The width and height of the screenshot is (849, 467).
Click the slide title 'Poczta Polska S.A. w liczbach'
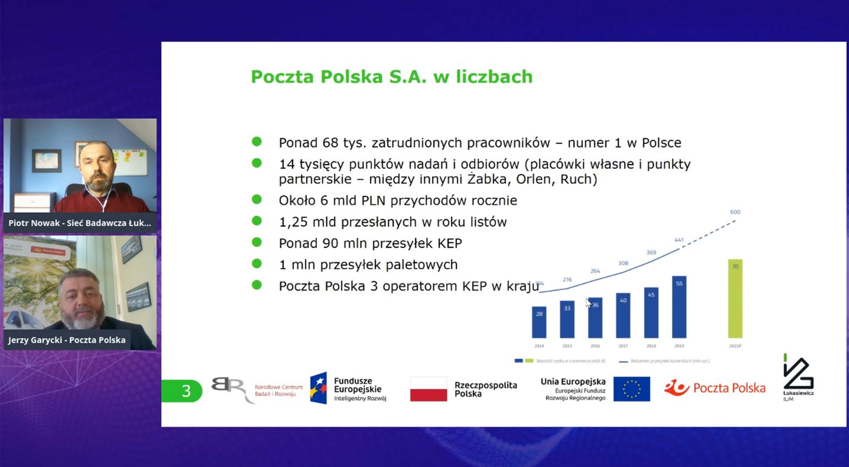[392, 76]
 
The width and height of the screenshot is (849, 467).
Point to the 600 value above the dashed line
[735, 212]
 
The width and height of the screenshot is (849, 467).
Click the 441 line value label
[679, 240]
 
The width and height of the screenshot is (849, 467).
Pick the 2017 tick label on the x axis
[623, 346]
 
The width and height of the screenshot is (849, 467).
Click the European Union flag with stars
[632, 389]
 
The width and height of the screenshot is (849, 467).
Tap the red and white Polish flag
[428, 389]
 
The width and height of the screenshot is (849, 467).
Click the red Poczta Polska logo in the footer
[715, 388]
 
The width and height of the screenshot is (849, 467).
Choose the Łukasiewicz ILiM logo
[798, 378]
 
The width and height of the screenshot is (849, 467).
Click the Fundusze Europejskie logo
[348, 389]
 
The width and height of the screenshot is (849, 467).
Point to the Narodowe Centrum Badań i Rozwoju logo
[257, 390]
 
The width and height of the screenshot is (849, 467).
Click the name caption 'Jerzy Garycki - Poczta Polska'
[67, 340]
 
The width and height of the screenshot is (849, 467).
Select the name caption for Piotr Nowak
[79, 223]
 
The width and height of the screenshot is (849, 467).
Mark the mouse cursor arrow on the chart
[588, 302]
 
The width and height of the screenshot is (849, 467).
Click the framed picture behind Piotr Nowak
[47, 160]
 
